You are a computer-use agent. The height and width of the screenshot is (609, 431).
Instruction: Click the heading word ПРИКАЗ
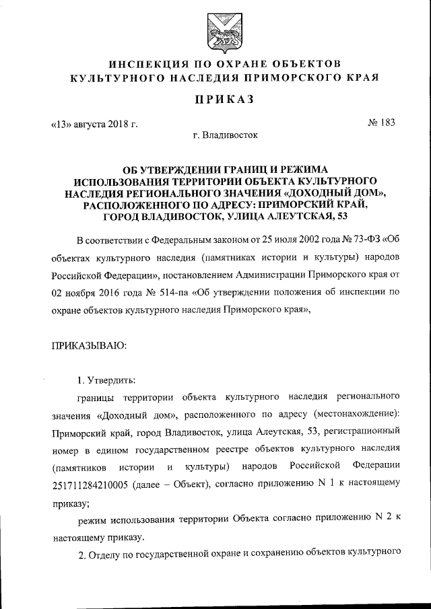point(215,100)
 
